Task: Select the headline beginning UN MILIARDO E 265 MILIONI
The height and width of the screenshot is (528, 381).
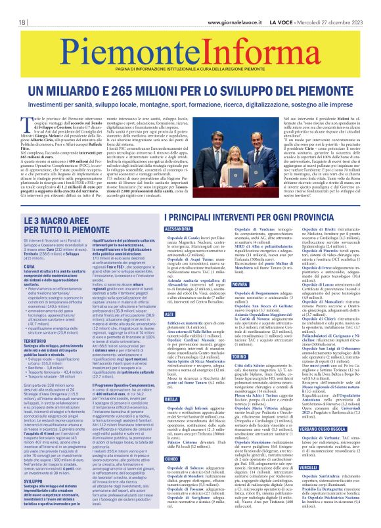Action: point(190,91)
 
